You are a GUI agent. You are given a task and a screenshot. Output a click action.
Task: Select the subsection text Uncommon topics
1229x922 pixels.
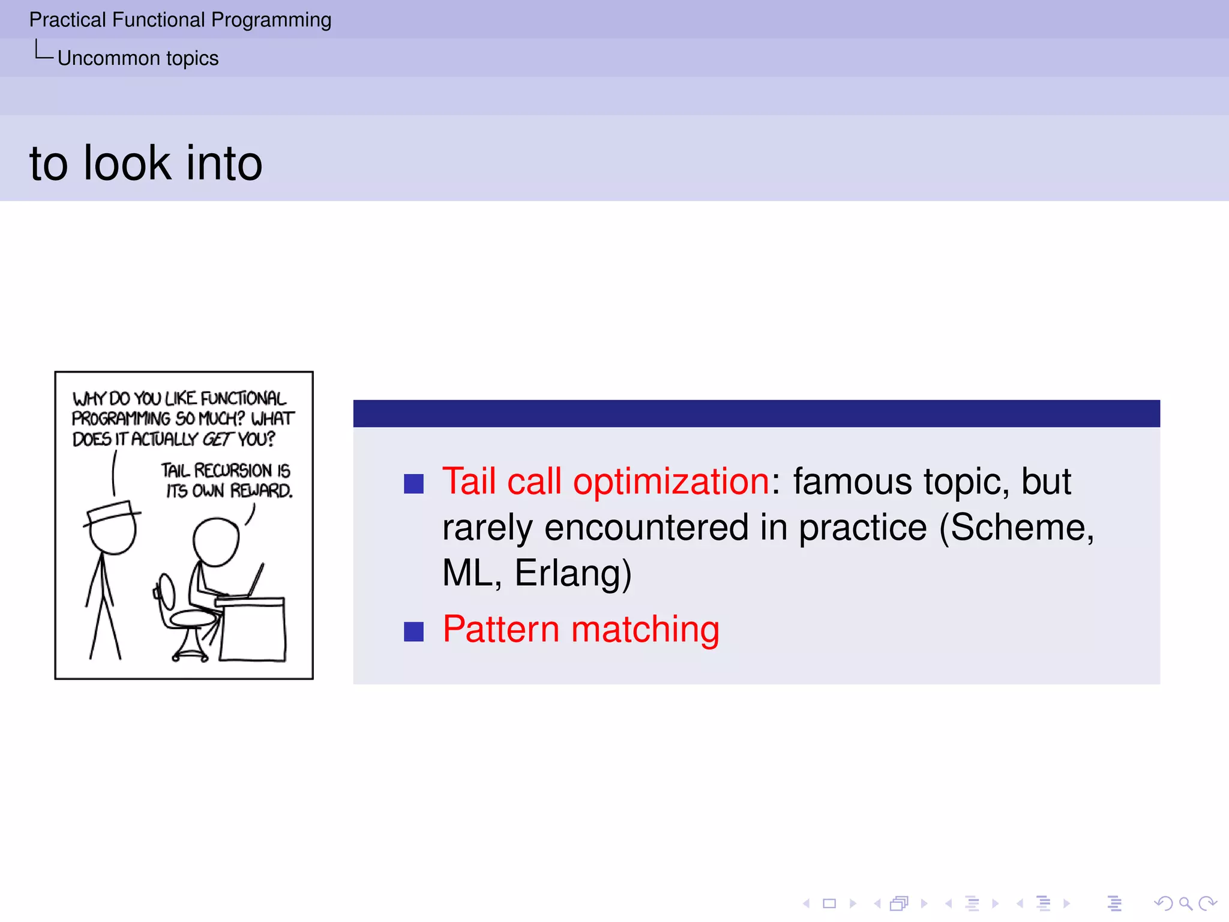(x=138, y=58)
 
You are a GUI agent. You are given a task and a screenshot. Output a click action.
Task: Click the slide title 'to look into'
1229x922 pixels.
(x=146, y=163)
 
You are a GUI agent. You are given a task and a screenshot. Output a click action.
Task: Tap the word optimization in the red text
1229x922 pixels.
(x=671, y=482)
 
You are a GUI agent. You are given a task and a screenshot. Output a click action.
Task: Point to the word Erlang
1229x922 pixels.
(x=572, y=573)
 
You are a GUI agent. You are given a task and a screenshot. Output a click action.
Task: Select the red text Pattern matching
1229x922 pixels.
(x=580, y=630)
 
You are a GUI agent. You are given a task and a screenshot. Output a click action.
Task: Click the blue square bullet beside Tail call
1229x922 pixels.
(x=414, y=484)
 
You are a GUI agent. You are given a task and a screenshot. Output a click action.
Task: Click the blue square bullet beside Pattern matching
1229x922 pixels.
(x=414, y=631)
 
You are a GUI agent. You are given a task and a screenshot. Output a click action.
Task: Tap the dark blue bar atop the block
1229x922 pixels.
(x=756, y=414)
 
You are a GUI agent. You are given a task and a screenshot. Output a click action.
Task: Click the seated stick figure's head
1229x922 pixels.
(x=216, y=542)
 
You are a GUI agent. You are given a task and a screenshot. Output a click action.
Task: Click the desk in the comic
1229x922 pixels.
(x=252, y=630)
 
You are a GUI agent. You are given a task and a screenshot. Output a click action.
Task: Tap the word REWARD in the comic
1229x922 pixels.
(x=262, y=491)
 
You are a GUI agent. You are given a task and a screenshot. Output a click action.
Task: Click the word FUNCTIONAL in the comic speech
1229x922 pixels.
(x=243, y=399)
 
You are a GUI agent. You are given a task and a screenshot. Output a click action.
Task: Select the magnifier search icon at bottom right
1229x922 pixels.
(x=1185, y=903)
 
